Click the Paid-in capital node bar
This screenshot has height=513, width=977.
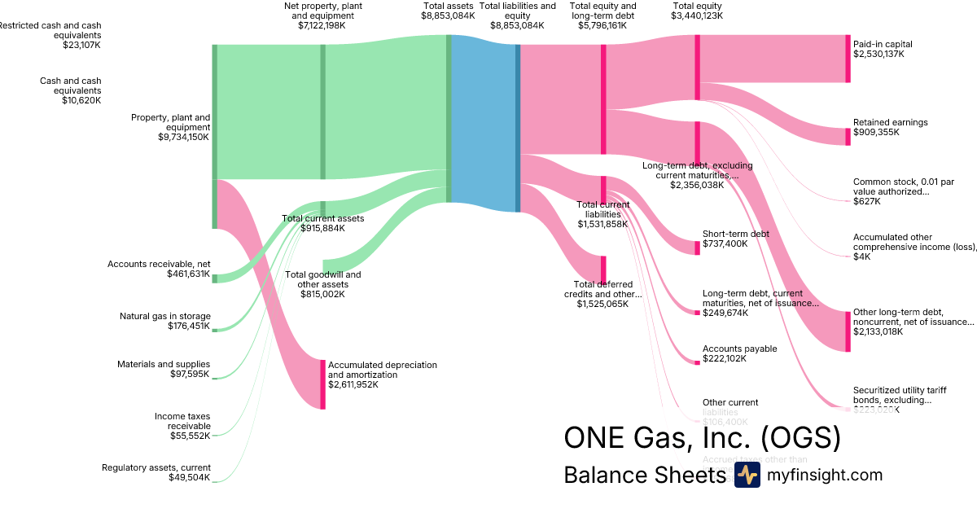click(x=847, y=59)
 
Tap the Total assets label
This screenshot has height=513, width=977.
click(x=448, y=6)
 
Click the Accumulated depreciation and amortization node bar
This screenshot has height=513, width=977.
click(x=322, y=384)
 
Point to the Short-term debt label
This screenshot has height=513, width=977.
click(x=736, y=234)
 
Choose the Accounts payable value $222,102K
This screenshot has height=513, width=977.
click(x=724, y=358)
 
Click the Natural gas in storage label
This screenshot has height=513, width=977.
click(x=164, y=316)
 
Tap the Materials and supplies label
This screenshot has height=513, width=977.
click(x=164, y=364)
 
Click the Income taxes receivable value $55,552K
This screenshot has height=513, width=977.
click(x=189, y=436)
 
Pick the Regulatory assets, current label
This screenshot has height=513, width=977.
click(x=156, y=467)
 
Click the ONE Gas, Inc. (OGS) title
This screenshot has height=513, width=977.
click(x=702, y=438)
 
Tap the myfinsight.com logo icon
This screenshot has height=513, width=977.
click(x=747, y=476)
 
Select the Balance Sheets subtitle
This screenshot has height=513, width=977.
click(x=644, y=476)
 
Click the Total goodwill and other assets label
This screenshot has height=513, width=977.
click(x=323, y=279)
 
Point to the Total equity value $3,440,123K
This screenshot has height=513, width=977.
click(x=697, y=15)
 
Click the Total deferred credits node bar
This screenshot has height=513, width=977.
click(x=603, y=268)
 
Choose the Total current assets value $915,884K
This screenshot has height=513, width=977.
click(x=323, y=229)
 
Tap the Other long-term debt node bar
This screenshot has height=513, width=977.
click(x=848, y=331)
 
